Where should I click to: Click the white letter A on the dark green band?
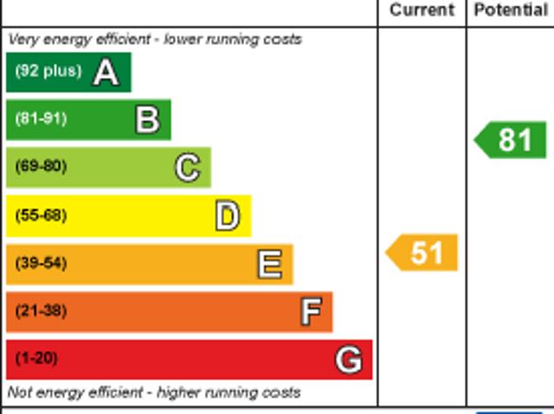click(x=106, y=72)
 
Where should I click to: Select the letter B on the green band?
click(x=147, y=119)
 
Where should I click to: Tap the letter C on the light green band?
click(x=187, y=167)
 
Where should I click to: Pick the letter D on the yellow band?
click(x=227, y=216)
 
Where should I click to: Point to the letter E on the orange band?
click(x=269, y=264)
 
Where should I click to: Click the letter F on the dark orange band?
click(x=310, y=311)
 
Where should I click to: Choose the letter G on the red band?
click(x=348, y=360)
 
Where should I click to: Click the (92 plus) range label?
click(x=48, y=71)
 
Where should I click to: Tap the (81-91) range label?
click(x=41, y=119)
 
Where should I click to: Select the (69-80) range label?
click(x=41, y=167)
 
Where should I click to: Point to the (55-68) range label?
click(x=41, y=215)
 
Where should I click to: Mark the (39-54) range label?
click(x=41, y=263)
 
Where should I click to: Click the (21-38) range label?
click(x=41, y=311)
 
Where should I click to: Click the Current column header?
click(x=422, y=10)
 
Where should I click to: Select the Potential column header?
click(x=511, y=10)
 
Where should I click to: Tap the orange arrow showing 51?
click(x=422, y=253)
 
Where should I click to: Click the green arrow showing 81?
click(x=512, y=140)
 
